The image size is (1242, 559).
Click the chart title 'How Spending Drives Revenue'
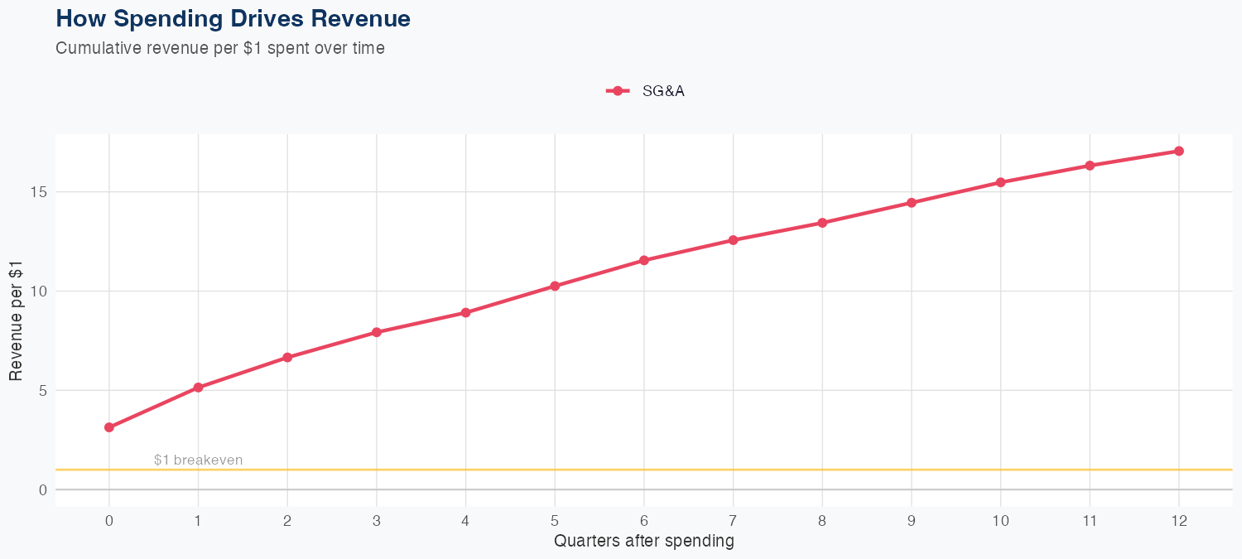[x=233, y=18]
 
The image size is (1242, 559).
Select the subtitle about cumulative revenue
[x=220, y=48]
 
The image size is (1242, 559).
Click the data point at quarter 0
[x=109, y=427]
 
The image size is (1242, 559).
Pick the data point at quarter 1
[x=198, y=388]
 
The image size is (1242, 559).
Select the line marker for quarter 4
[x=465, y=312]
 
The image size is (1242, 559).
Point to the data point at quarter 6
[x=644, y=260]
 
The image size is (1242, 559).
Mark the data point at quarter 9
[x=912, y=203]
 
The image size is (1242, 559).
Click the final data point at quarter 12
[x=1179, y=151]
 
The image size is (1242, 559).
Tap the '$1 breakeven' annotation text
[x=198, y=460]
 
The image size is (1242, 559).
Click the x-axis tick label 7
[x=733, y=521]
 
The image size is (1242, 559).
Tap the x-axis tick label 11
[x=1090, y=521]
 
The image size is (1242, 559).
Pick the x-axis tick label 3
[x=377, y=521]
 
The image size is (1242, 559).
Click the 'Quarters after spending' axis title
[x=643, y=542]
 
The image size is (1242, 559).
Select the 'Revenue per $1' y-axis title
[x=16, y=320]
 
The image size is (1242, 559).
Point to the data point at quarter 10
[x=1000, y=182]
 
